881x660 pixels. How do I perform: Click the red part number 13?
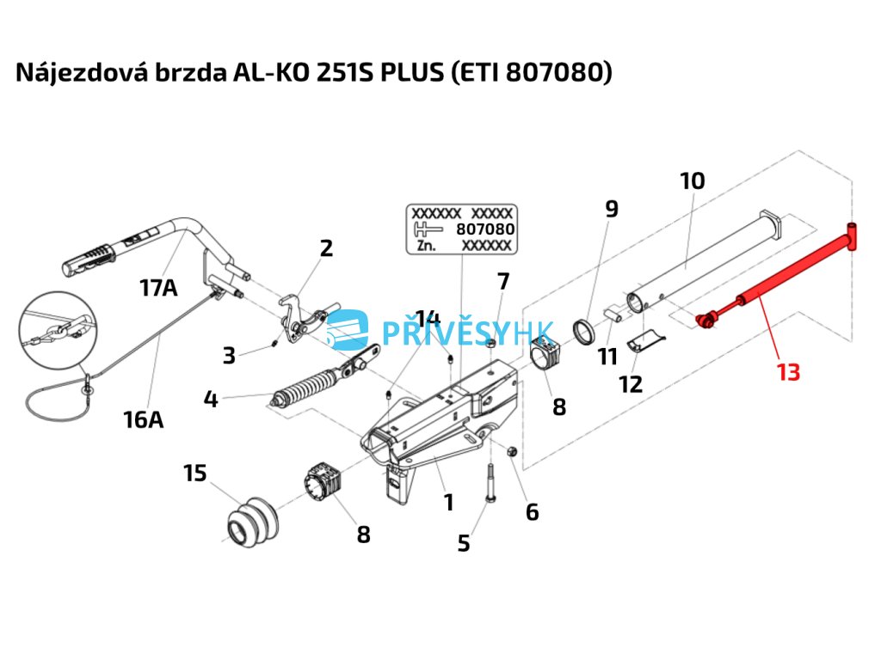tap(788, 373)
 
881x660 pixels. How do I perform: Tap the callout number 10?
tap(692, 181)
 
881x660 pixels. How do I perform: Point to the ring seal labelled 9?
tap(586, 331)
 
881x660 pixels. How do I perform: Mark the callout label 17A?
tap(158, 288)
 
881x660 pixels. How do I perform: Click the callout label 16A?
tap(143, 419)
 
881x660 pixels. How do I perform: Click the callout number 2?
tap(325, 248)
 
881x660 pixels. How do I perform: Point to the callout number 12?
tap(631, 383)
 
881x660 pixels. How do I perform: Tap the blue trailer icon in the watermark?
tap(349, 331)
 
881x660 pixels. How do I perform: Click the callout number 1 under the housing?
tap(448, 502)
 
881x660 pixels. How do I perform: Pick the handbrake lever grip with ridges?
tap(93, 254)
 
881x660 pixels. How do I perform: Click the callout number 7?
tap(502, 281)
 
